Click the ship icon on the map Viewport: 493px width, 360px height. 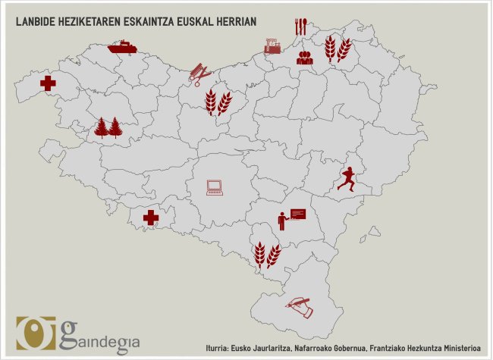pyautogui.click(x=122, y=47)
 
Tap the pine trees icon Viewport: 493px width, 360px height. pyautogui.click(x=108, y=127)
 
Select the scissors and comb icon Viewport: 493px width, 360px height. pyautogui.click(x=200, y=74)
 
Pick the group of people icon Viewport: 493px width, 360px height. pyautogui.click(x=305, y=56)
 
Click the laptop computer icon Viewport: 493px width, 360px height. pyautogui.click(x=215, y=186)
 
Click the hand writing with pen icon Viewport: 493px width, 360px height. pyautogui.click(x=298, y=305)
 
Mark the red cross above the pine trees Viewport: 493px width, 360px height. pyautogui.click(x=48, y=83)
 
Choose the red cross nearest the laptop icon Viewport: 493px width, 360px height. pyautogui.click(x=151, y=218)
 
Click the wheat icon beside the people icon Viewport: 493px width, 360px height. pyautogui.click(x=338, y=49)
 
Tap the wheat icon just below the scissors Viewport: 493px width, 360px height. pyautogui.click(x=218, y=102)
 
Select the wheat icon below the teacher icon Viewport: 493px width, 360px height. pyautogui.click(x=267, y=254)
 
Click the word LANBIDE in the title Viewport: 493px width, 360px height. pyautogui.click(x=36, y=22)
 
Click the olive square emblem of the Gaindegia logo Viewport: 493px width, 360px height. pyautogui.click(x=36, y=334)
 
